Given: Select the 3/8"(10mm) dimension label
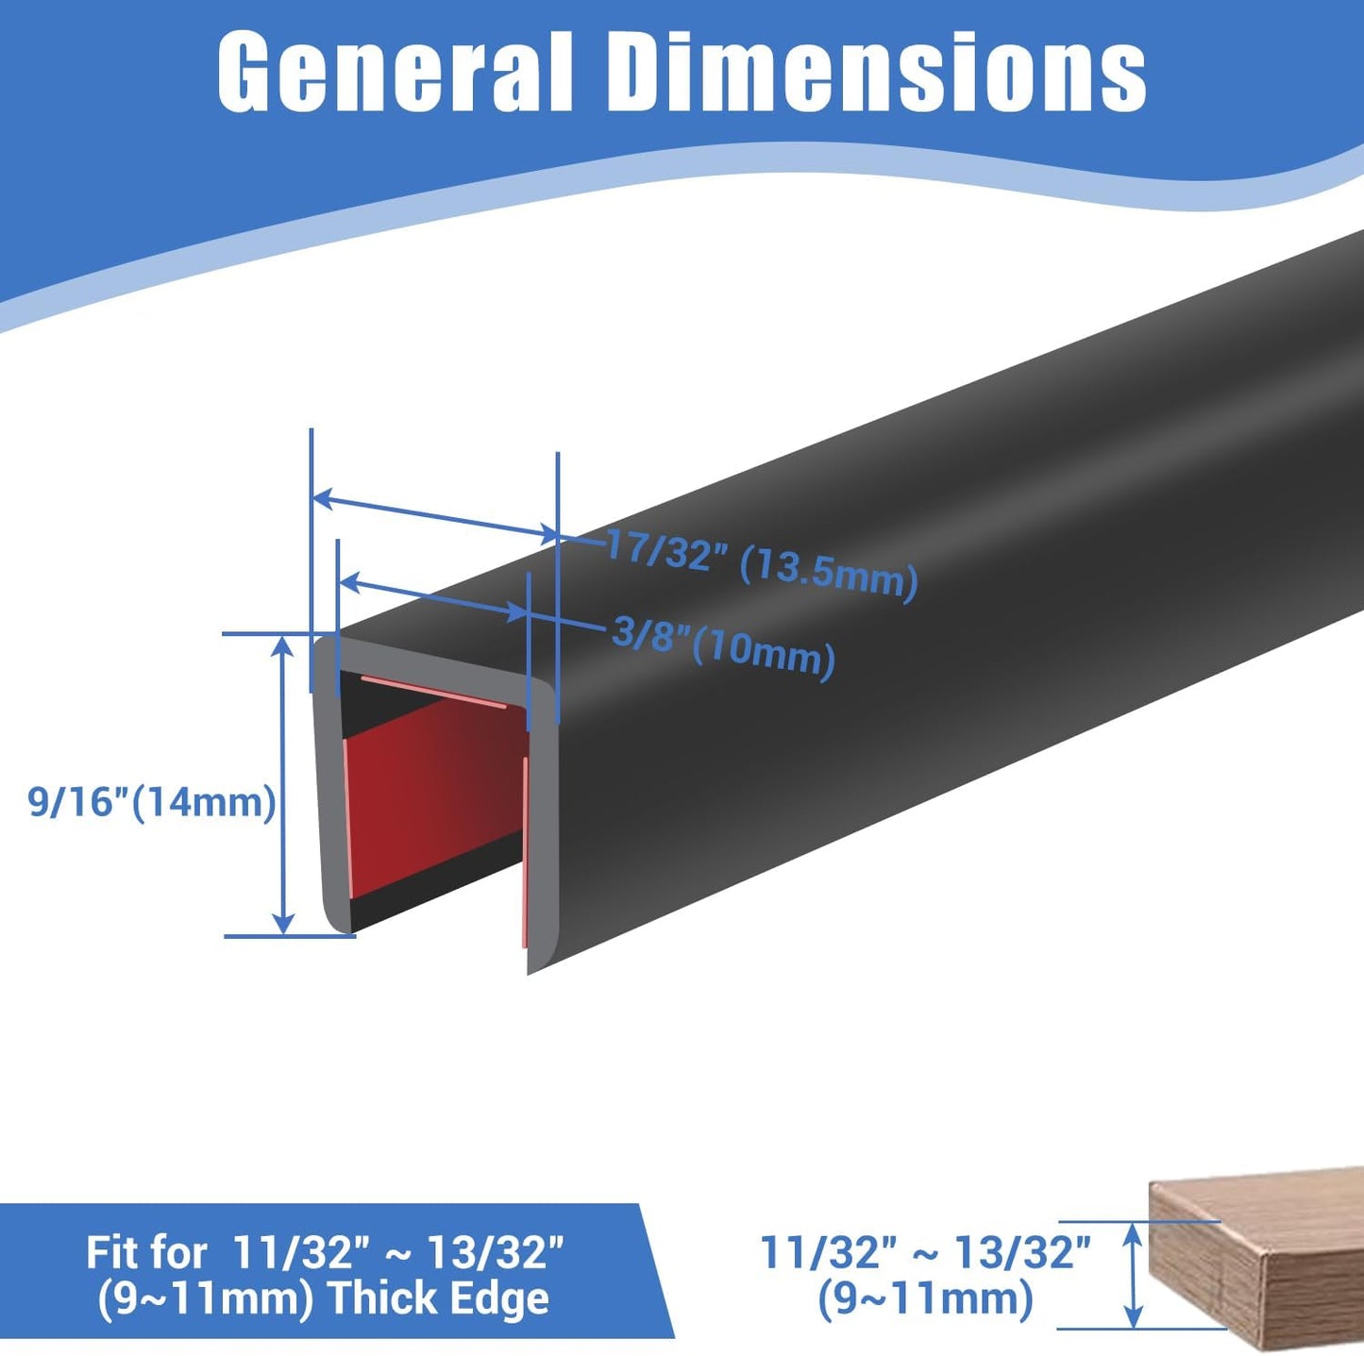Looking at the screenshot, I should (723, 645).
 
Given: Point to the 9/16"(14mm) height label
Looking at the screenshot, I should (152, 802).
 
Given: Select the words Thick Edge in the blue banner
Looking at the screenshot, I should (438, 1298).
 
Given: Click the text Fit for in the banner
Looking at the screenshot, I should (146, 1253).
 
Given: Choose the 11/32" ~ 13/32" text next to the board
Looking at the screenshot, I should (925, 1253).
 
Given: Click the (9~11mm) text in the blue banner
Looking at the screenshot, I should (206, 1298).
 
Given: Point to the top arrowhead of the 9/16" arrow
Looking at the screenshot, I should (283, 645).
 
